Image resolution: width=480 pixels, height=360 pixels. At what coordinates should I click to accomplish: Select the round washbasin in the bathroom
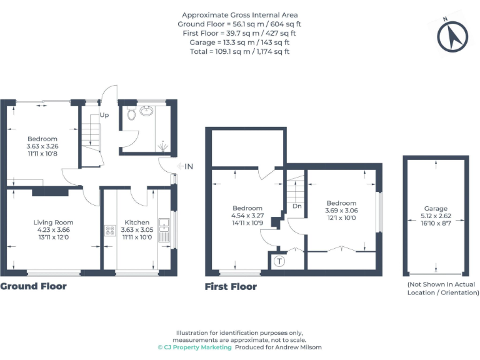[147, 112]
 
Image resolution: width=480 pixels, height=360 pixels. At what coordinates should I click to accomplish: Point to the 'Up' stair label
[104, 116]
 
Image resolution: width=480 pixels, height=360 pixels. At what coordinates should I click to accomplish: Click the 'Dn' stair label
[297, 206]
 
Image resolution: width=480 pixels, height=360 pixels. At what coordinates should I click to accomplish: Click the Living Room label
[53, 222]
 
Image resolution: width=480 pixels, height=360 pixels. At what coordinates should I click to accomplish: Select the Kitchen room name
[137, 222]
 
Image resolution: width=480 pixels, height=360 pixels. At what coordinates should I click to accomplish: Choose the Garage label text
[436, 209]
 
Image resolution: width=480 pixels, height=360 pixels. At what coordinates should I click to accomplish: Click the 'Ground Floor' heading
[33, 286]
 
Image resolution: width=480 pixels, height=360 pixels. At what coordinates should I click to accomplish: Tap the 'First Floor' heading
[231, 287]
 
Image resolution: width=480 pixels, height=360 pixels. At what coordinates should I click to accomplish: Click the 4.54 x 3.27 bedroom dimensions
[248, 216]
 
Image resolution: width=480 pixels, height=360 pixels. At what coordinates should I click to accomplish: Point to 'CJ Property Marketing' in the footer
[194, 347]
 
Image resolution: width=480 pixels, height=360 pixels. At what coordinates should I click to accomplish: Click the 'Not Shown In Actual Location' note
[442, 288]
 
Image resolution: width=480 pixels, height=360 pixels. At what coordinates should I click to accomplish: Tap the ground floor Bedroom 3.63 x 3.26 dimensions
[42, 146]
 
